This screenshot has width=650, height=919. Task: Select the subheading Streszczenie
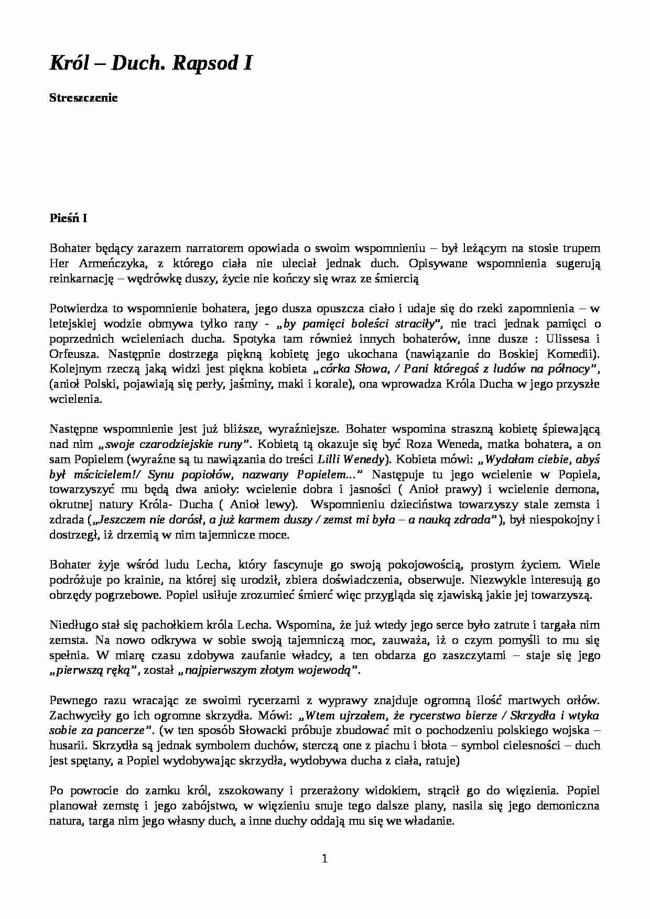[x=83, y=98]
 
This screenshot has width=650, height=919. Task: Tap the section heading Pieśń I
[x=68, y=218]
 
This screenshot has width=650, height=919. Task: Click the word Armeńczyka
[x=101, y=264]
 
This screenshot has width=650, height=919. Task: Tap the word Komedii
[x=570, y=353]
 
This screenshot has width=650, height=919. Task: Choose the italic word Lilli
[x=330, y=460]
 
